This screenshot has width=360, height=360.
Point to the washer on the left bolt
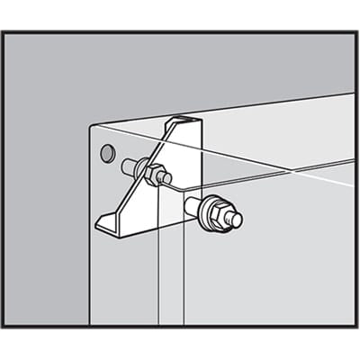click(146, 170)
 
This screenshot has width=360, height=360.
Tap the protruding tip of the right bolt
click(237, 218)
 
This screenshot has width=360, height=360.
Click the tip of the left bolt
click(166, 178)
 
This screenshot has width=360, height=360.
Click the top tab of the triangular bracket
click(184, 120)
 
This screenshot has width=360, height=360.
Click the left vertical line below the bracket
click(158, 279)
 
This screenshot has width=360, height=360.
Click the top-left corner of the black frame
click(3, 32)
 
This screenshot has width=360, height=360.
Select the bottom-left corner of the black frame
click(3, 327)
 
